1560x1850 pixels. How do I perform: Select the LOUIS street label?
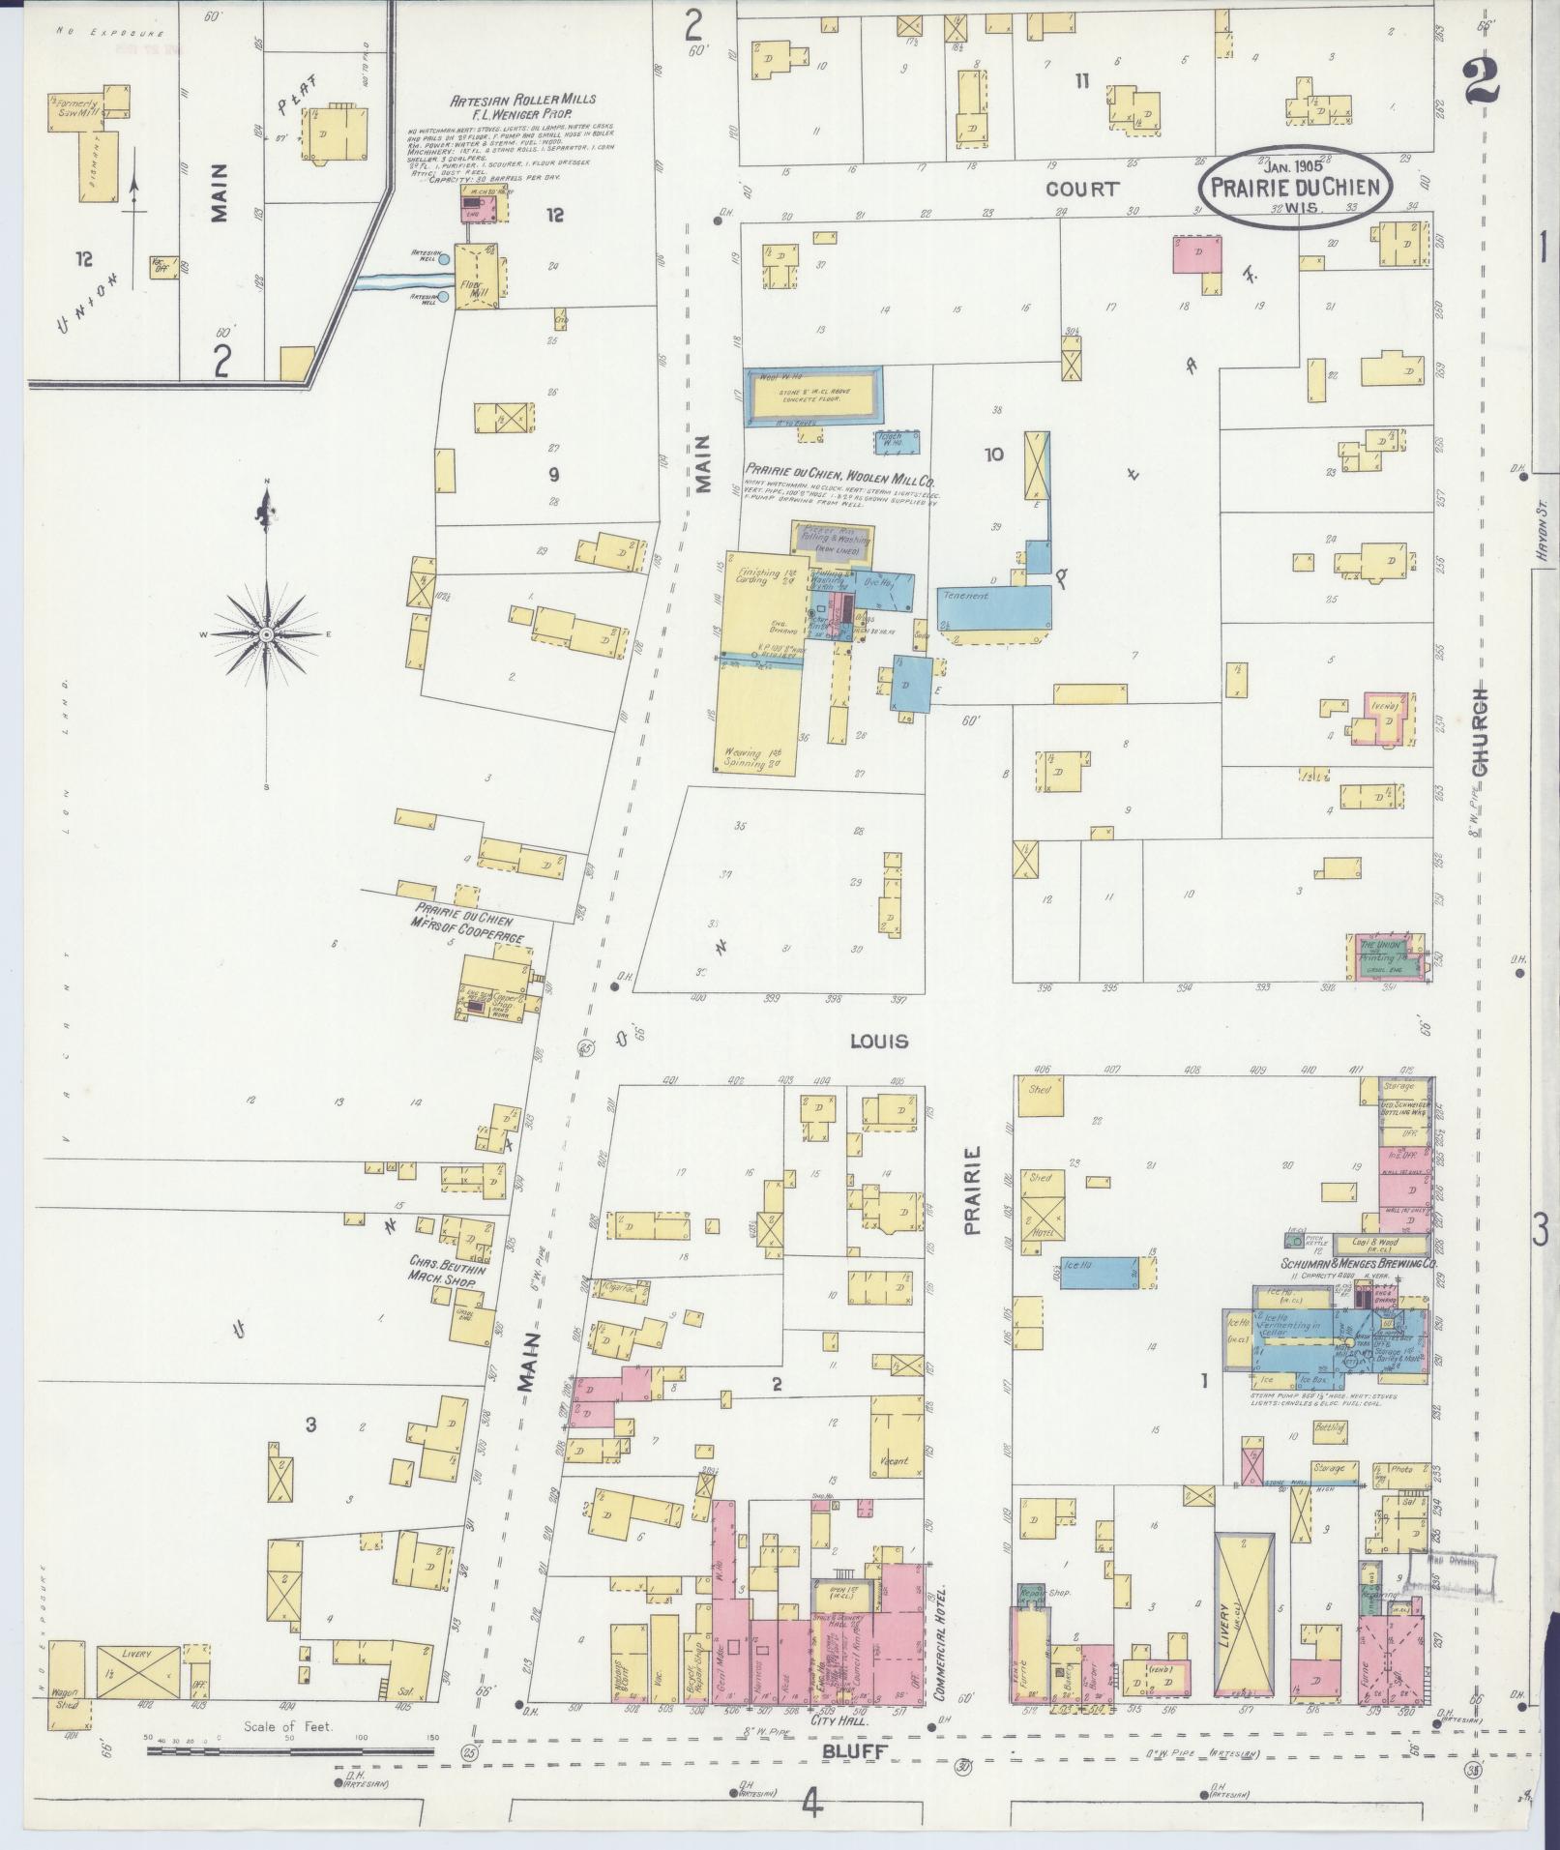(878, 1042)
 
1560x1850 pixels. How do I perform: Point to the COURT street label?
(1081, 190)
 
